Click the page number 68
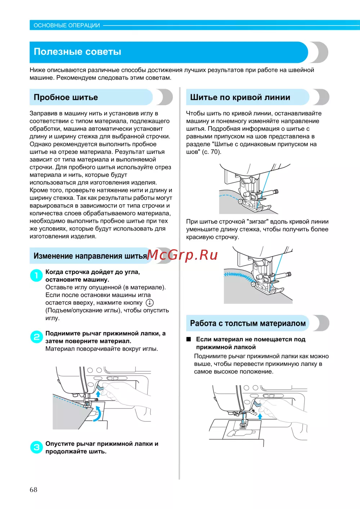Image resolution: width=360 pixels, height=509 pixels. click(33, 490)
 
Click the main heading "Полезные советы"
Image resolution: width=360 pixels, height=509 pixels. click(77, 52)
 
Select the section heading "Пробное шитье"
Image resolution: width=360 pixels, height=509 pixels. click(66, 97)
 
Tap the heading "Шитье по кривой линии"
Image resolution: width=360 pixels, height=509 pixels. click(240, 97)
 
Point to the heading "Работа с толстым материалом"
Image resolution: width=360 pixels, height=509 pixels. click(248, 323)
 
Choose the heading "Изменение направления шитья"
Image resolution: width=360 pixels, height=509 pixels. click(90, 256)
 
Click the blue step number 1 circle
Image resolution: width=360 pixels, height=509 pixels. click(36, 276)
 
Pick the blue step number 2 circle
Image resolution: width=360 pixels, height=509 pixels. click(36, 337)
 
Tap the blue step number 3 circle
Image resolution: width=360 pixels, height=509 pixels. click(36, 447)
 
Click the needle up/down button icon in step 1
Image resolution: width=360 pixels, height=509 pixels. click(149, 303)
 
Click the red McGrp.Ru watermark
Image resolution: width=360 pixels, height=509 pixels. click(182, 255)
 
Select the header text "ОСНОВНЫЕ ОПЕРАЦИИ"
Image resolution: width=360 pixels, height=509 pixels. click(67, 25)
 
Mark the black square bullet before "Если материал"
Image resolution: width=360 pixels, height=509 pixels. click(188, 339)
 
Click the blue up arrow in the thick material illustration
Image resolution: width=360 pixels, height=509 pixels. click(260, 417)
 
